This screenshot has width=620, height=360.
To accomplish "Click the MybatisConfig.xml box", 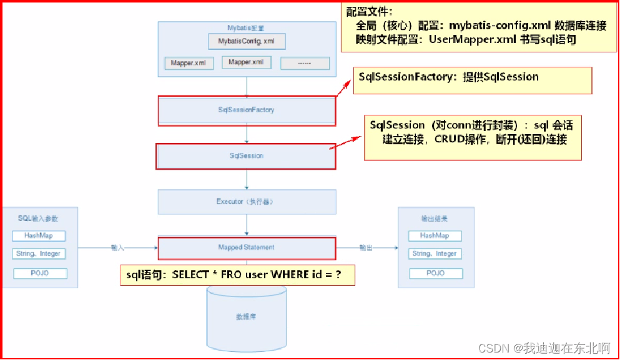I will point(247,42).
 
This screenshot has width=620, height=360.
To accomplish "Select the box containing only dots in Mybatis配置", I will point(305,63).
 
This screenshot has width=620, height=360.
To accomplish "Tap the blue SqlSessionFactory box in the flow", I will point(246,110).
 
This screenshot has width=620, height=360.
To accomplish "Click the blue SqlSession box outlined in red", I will point(245,156).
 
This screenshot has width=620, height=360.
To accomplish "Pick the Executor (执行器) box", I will point(247,202).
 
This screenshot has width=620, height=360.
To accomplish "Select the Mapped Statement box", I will point(246,247).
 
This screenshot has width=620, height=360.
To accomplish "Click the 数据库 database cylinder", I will point(246,317).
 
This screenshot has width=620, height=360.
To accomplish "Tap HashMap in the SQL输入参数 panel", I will point(39,236).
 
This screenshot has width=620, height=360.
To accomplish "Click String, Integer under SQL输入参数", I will point(39,254).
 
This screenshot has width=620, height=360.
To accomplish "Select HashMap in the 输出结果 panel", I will point(435,236).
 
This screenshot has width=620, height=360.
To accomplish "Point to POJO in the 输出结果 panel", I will point(435,273).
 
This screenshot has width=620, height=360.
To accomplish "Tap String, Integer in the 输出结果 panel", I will point(435,254).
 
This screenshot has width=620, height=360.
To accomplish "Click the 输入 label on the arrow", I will point(117,248).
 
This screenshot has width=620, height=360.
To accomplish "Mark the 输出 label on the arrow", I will point(366,248).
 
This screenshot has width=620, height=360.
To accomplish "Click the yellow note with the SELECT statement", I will point(237,275).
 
